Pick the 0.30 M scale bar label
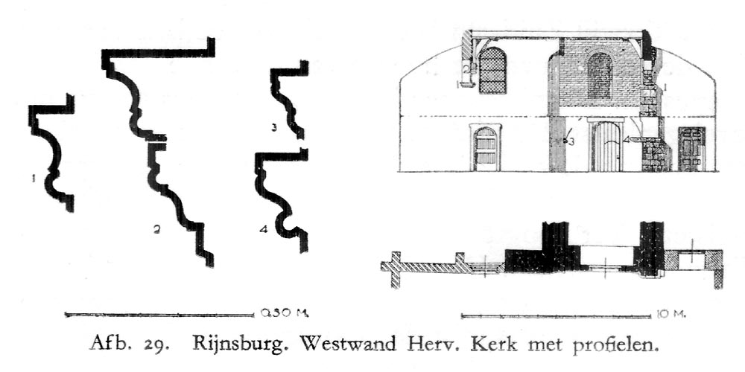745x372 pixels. click(x=282, y=312)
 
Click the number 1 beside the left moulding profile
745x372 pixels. click(x=34, y=178)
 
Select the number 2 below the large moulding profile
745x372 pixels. click(x=156, y=230)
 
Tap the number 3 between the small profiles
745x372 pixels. click(x=274, y=128)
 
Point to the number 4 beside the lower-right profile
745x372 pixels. click(x=263, y=229)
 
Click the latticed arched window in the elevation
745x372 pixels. click(x=492, y=71)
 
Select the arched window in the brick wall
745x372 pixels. click(x=600, y=75)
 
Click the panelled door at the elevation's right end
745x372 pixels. click(x=691, y=149)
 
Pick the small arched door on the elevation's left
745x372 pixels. click(x=485, y=149)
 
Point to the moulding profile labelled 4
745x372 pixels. click(x=282, y=193)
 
